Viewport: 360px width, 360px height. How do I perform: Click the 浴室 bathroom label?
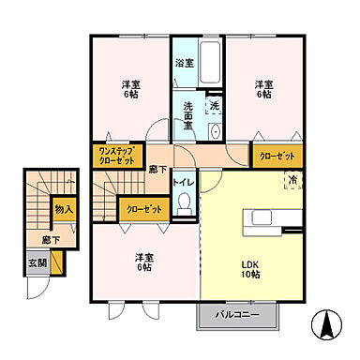[184, 64]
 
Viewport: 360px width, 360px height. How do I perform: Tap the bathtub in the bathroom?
[209, 62]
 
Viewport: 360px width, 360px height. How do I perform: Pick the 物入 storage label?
[64, 211]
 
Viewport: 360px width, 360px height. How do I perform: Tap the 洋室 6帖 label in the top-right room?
[263, 87]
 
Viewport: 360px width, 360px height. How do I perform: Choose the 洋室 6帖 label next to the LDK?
[142, 262]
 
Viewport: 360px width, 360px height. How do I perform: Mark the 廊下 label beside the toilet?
[157, 168]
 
